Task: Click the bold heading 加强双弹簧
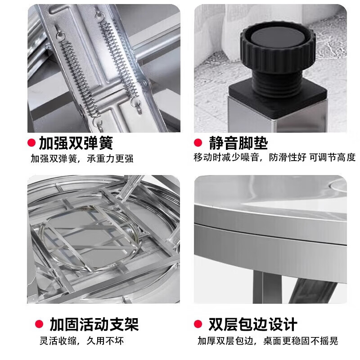pyautogui.click(x=76, y=143)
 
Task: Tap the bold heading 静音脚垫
pyautogui.click(x=238, y=143)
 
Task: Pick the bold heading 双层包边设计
pyautogui.click(x=252, y=324)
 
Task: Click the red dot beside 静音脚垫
pyautogui.click(x=198, y=143)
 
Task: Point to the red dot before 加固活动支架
pyautogui.click(x=40, y=324)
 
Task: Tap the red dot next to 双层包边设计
pyautogui.click(x=198, y=324)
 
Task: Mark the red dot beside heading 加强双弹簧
pyautogui.click(x=31, y=143)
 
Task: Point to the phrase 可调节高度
pyautogui.click(x=333, y=157)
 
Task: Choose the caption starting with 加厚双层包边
pyautogui.click(x=267, y=341)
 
